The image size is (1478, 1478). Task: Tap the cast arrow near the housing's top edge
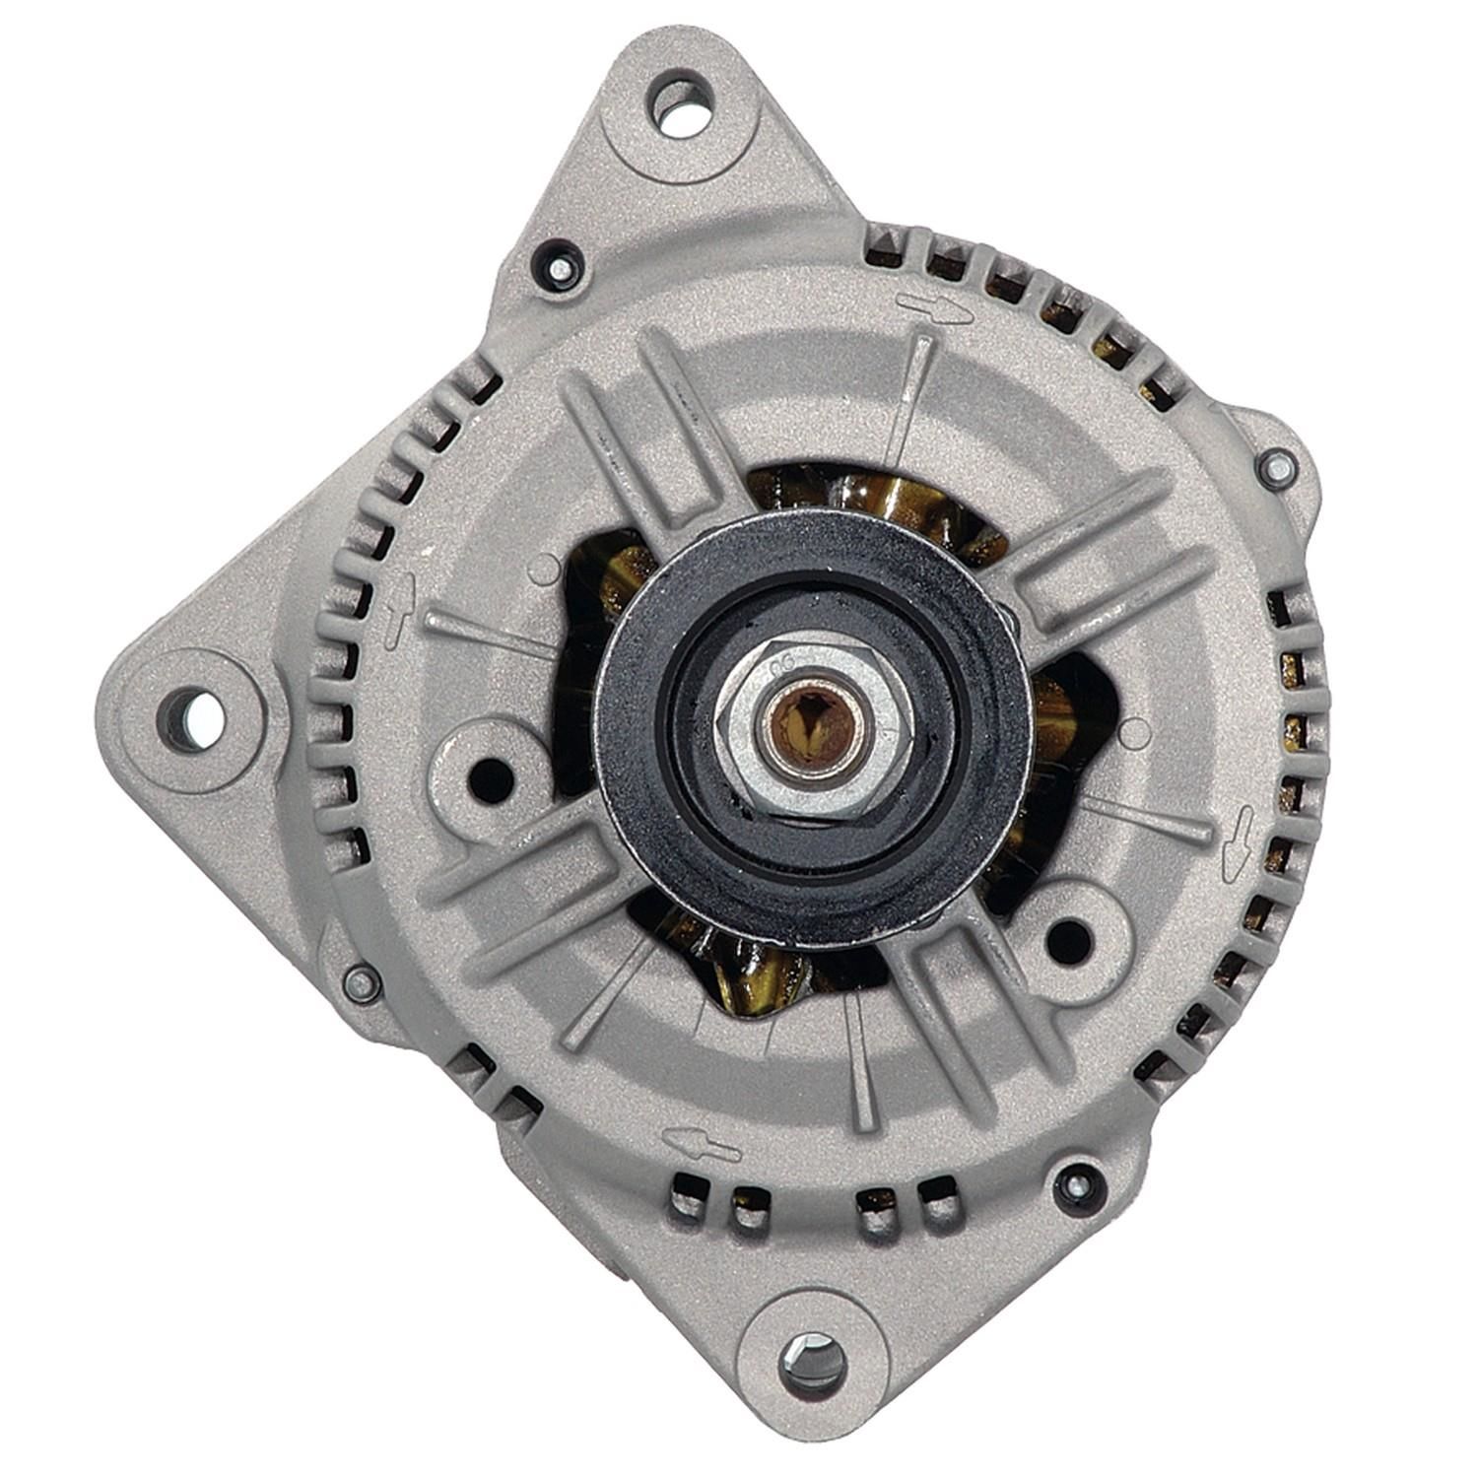(x=929, y=306)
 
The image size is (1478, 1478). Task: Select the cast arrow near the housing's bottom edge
(x=701, y=1143)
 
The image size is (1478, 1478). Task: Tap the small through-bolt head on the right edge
(x=1278, y=468)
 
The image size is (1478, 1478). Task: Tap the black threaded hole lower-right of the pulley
(x=1068, y=937)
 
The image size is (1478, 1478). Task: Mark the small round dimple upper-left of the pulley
(x=542, y=571)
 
